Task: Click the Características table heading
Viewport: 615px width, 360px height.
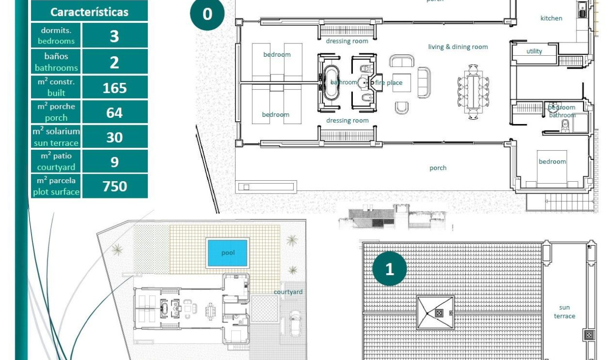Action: [x=89, y=12]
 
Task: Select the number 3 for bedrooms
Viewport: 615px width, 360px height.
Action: [x=114, y=36]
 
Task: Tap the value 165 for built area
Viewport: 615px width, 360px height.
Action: [x=114, y=88]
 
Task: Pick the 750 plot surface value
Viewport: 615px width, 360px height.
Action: [x=114, y=186]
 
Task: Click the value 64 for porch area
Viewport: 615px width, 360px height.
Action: [x=114, y=113]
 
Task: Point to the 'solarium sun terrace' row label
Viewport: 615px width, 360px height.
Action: [x=56, y=137]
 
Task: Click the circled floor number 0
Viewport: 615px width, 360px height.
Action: [x=207, y=14]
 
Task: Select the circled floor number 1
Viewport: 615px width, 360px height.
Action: [x=389, y=269]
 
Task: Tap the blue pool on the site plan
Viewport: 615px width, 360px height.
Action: [x=228, y=253]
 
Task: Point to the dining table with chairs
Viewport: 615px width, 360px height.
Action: [x=473, y=91]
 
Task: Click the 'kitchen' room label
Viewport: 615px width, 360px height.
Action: [x=551, y=18]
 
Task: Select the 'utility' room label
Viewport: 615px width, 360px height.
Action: [x=534, y=51]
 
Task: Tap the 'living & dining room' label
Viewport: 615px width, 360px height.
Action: [x=458, y=47]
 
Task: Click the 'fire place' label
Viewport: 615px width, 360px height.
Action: [x=389, y=82]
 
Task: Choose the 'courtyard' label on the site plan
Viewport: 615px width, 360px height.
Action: [x=288, y=292]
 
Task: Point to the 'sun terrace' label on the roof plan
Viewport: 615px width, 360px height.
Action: [x=564, y=312]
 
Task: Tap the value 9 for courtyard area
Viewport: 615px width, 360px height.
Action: [x=114, y=162]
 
